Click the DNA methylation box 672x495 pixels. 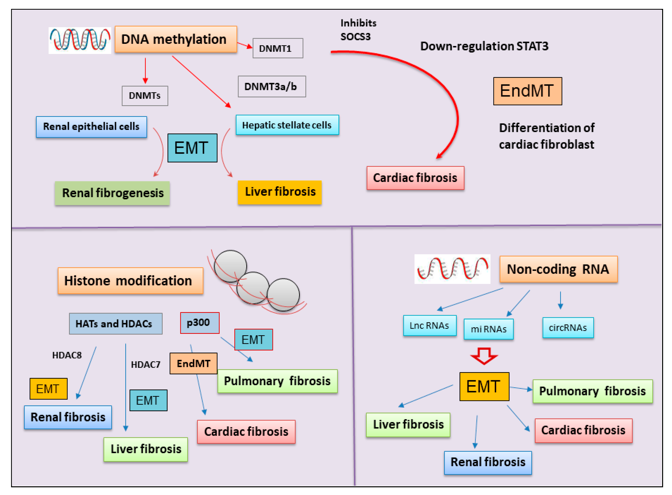coord(176,39)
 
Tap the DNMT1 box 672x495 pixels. coord(278,48)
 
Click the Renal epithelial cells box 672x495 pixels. coord(92,127)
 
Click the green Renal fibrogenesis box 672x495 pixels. coord(113,193)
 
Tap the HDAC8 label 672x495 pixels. coord(67,355)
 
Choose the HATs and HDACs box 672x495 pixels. coord(116,324)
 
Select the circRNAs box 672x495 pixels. coord(568,328)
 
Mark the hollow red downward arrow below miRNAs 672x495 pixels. coord(484,356)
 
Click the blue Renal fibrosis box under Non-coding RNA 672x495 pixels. coord(488,463)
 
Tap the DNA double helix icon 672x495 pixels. coord(80,40)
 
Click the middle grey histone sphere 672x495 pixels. coord(253,288)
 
